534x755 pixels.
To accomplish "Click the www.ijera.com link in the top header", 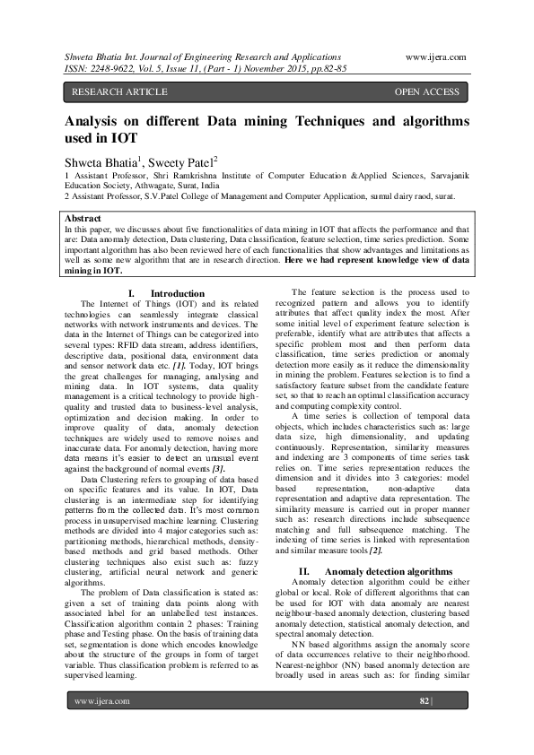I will (x=435, y=56).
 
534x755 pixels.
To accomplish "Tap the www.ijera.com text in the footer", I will (x=102, y=700).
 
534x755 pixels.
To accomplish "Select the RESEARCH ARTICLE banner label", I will (x=119, y=92).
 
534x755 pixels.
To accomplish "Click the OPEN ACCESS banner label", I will (x=426, y=92).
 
